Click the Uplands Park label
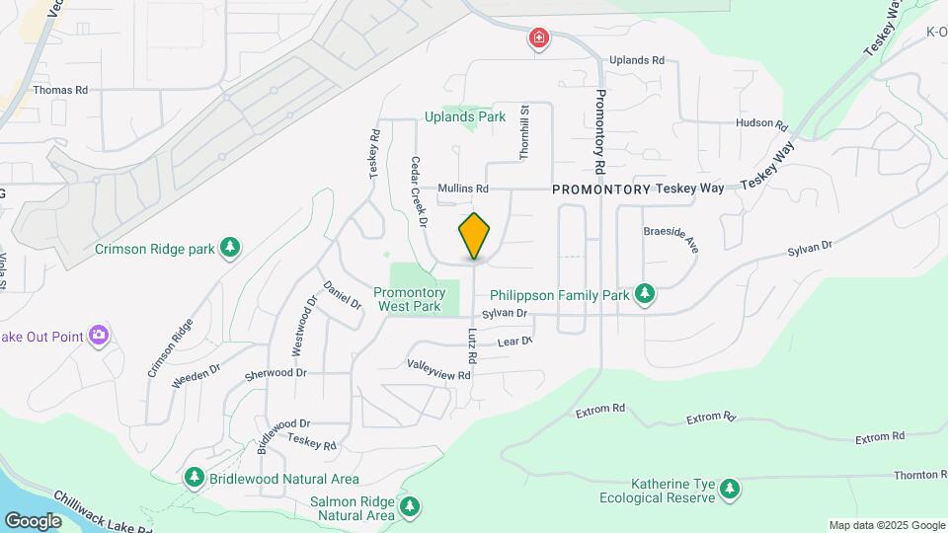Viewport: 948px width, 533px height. (x=465, y=116)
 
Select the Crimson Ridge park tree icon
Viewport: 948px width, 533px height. (x=230, y=247)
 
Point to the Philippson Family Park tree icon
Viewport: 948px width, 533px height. (x=645, y=293)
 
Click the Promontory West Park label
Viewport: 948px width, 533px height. (x=411, y=299)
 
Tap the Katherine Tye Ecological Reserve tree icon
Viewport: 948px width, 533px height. (x=730, y=488)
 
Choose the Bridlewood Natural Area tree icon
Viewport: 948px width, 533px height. (x=195, y=479)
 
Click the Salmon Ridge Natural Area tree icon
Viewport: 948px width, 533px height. (x=410, y=508)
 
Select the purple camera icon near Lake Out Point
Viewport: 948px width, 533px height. (x=98, y=336)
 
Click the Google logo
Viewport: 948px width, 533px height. (x=33, y=520)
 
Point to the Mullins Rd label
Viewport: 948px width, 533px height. (x=463, y=189)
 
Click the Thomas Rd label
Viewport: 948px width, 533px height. (x=60, y=90)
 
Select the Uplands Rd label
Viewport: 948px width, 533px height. (x=636, y=60)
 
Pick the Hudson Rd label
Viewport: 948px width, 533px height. (x=760, y=124)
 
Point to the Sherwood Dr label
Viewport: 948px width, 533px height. (x=276, y=373)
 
